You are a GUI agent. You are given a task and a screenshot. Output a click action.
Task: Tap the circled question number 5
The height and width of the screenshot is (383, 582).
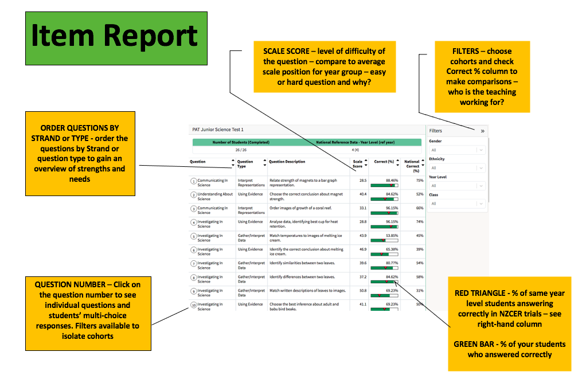[194, 236]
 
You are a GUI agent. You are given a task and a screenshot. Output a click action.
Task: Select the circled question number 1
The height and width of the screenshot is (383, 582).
[194, 181]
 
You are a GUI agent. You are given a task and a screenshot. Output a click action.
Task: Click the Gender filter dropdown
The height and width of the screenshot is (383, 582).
[457, 150]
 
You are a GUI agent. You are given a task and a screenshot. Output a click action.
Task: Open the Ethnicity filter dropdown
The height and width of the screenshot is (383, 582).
[457, 168]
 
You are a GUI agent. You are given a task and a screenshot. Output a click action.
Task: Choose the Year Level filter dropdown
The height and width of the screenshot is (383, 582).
[457, 186]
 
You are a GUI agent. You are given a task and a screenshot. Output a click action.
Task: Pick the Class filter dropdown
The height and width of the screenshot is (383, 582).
[457, 204]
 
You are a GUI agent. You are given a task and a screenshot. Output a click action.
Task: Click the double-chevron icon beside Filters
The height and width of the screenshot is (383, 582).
[482, 131]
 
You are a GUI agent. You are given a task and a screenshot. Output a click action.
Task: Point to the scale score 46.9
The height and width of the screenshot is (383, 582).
[363, 249]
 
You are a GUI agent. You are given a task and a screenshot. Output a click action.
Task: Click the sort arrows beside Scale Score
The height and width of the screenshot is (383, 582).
[366, 163]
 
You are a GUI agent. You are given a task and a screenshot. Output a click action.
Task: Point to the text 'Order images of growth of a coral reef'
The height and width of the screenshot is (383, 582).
[300, 208]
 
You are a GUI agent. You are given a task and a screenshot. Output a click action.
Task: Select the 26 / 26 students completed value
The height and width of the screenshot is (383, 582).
[241, 150]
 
